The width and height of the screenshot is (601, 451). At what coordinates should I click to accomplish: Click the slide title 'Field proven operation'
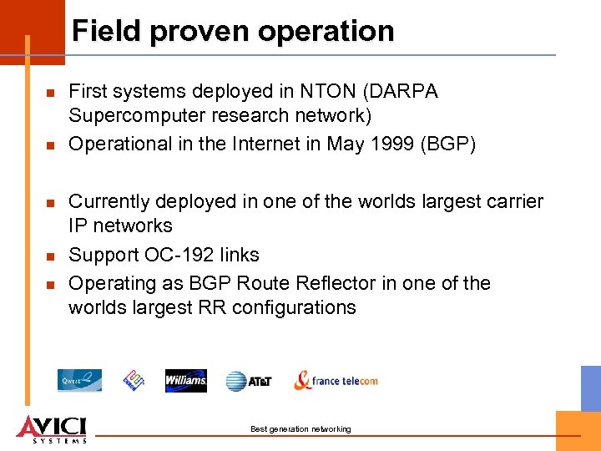pyautogui.click(x=233, y=32)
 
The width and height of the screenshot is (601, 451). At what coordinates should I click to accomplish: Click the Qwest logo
pyautogui.click(x=79, y=381)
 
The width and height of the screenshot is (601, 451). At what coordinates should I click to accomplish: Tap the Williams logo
pyautogui.click(x=185, y=381)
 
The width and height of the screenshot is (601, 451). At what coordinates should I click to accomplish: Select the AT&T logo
pyautogui.click(x=249, y=382)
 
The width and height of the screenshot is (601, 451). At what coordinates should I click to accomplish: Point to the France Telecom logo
pyautogui.click(x=336, y=381)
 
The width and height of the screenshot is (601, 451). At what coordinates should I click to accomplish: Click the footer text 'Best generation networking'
pyautogui.click(x=300, y=429)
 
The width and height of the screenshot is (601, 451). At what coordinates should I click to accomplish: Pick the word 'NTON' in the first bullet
pyautogui.click(x=319, y=91)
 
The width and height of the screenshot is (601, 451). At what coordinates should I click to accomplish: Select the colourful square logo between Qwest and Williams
pyautogui.click(x=134, y=381)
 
